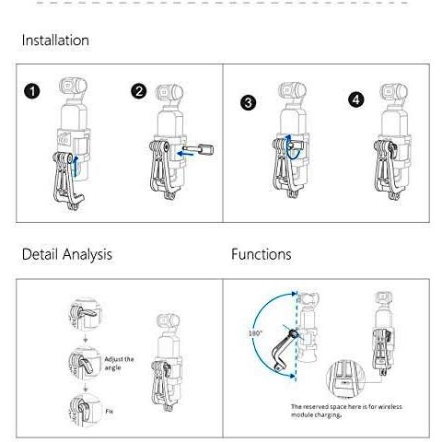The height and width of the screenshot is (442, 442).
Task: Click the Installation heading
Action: [55, 41]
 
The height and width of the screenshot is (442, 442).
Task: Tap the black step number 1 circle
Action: [32, 91]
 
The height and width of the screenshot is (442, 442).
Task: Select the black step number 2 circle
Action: [139, 91]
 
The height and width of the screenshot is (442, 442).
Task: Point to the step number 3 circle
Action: [249, 102]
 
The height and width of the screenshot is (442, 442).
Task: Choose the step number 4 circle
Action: [356, 99]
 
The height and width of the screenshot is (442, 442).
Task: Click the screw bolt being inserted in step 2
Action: [198, 149]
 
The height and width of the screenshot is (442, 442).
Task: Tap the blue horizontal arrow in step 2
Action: [186, 154]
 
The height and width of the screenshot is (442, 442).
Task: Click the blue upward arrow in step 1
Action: [75, 166]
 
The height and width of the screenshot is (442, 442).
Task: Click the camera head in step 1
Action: [73, 86]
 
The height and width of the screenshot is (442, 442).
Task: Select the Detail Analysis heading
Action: [67, 254]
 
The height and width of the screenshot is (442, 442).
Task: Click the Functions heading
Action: [262, 254]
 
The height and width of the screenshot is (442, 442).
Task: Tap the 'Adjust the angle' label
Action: [119, 363]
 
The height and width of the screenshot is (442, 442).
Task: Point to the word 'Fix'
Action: [110, 411]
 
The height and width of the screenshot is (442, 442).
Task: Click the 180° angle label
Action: [255, 333]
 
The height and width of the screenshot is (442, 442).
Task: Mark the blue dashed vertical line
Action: [296, 335]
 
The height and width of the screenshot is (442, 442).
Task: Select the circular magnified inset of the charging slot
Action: [345, 378]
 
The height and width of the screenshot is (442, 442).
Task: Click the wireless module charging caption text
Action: [346, 411]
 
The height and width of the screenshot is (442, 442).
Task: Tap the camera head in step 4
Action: [394, 91]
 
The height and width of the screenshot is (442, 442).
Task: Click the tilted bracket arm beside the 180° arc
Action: [284, 351]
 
